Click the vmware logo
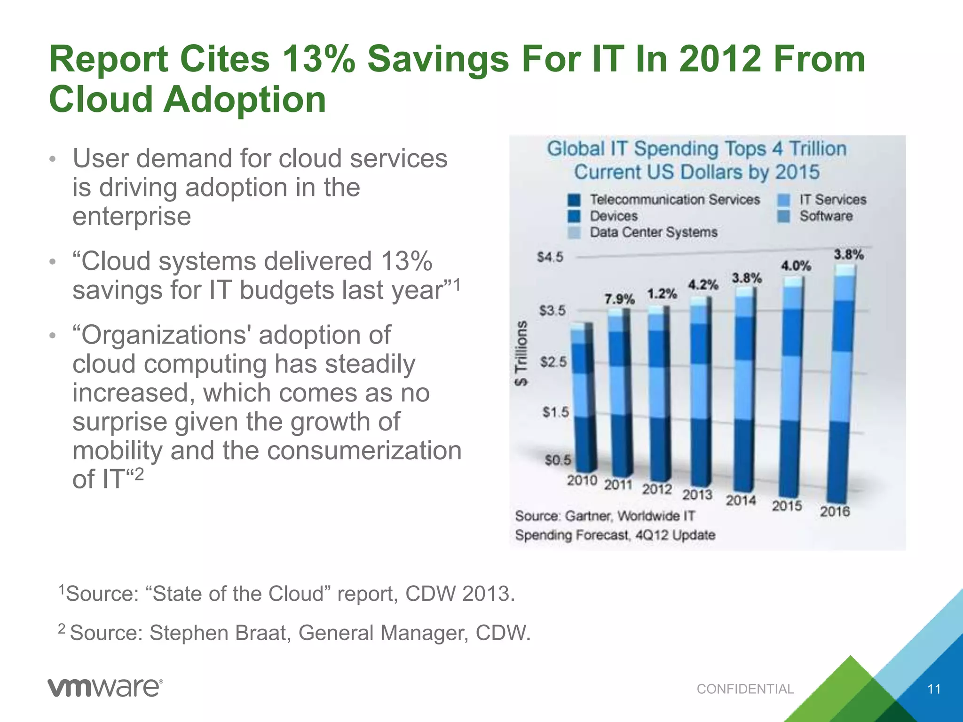[105, 688]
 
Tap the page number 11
[934, 689]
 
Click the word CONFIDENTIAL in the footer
[745, 689]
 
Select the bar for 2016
[841, 385]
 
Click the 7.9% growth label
[619, 299]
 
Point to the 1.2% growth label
[662, 294]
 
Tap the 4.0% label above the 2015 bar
[796, 266]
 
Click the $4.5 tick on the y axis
[550, 257]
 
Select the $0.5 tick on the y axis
[558, 460]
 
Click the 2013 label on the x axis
[697, 494]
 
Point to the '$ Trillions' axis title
[521, 353]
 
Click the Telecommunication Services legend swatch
[574, 200]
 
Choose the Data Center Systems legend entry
[653, 232]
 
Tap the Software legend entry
[826, 216]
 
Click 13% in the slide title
[318, 60]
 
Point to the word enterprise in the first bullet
[132, 216]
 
